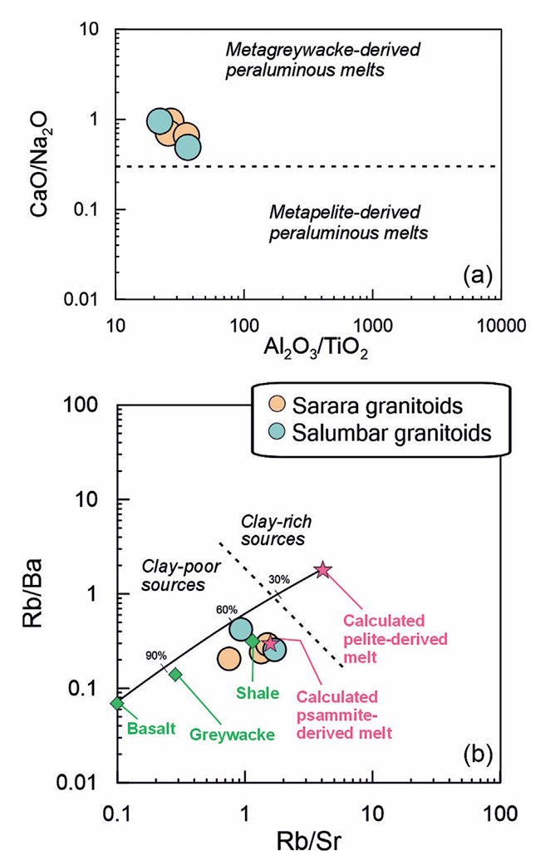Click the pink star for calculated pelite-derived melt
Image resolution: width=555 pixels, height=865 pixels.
(x=322, y=570)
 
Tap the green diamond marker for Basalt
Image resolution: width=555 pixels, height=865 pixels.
(x=117, y=703)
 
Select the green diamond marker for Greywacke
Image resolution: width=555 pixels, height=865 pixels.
(x=175, y=674)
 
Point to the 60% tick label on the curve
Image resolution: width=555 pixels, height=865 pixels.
(x=227, y=610)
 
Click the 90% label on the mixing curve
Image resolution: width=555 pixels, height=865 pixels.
(x=156, y=656)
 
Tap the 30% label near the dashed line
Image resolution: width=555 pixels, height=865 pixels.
(x=279, y=579)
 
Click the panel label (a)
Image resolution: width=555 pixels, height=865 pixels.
(x=477, y=274)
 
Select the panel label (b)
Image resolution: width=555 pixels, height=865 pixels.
(x=478, y=754)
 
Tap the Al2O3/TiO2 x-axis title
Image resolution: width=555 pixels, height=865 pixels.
(x=316, y=348)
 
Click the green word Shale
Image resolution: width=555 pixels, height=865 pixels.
(x=258, y=693)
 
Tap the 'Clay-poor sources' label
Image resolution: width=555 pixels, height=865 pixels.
(x=181, y=575)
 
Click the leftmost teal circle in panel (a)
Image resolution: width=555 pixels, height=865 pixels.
(x=160, y=121)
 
